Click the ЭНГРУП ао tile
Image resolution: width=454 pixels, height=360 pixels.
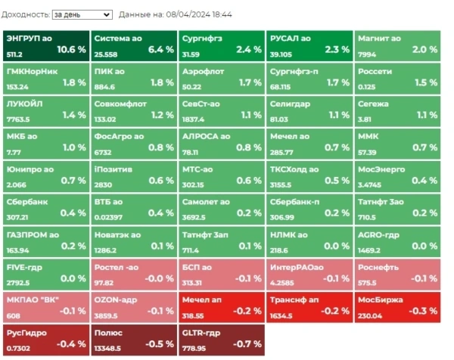[45, 45]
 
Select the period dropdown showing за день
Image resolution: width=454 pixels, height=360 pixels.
[82, 14]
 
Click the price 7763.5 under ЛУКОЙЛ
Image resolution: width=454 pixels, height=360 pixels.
[18, 119]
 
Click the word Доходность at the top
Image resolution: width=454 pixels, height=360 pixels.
[25, 14]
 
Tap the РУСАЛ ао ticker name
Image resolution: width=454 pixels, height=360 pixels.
[290, 38]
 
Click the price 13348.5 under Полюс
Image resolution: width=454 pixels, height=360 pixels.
[107, 348]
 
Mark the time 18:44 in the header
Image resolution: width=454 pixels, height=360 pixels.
[222, 14]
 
